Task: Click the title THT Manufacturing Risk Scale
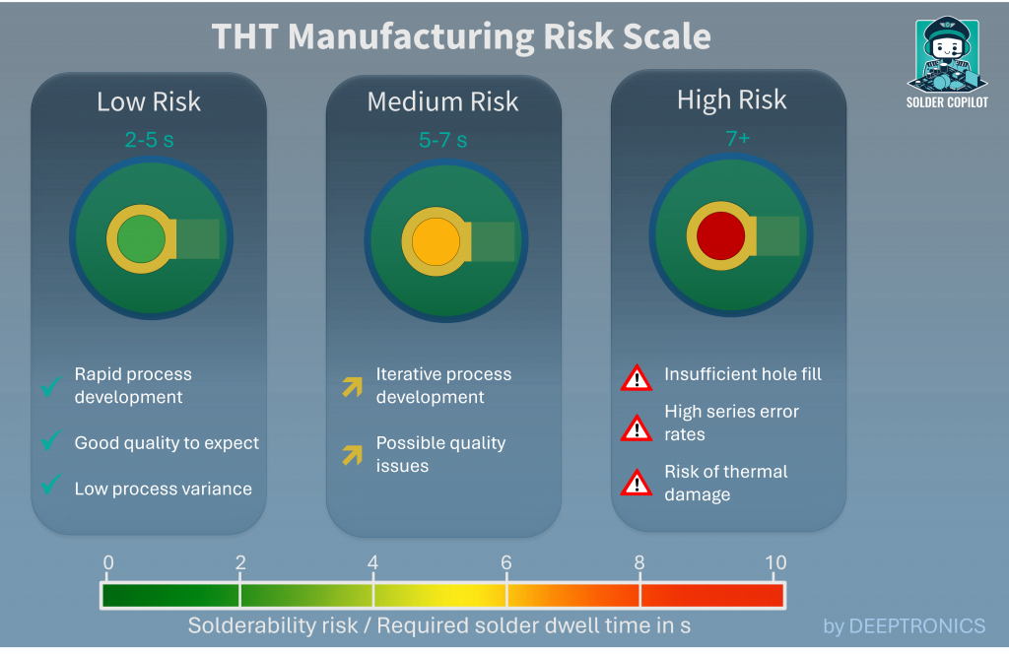(x=461, y=37)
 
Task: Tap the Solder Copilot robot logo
(x=946, y=57)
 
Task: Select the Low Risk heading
(x=149, y=101)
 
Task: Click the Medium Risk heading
(x=442, y=101)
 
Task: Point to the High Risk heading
(x=731, y=99)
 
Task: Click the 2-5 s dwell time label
(x=149, y=140)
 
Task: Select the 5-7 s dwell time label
(x=442, y=141)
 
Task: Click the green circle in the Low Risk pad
(x=141, y=239)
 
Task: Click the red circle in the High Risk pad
(x=721, y=236)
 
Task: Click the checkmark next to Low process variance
(x=51, y=488)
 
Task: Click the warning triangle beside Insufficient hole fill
(x=637, y=377)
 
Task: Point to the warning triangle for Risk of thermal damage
(x=637, y=483)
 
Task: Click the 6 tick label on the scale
(x=506, y=563)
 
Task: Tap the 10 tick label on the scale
(x=775, y=563)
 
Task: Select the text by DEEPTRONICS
(x=904, y=625)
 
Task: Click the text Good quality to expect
(x=167, y=443)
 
